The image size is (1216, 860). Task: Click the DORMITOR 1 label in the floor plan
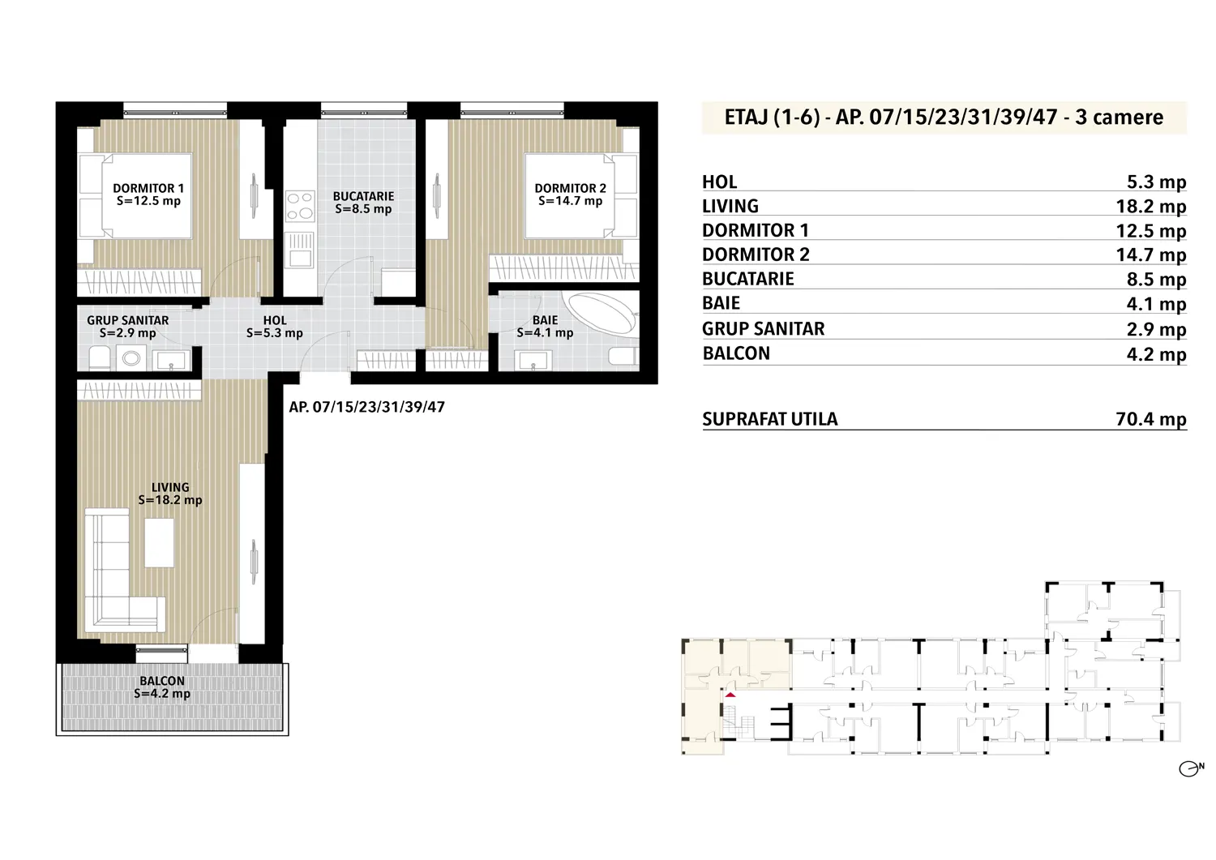tap(148, 188)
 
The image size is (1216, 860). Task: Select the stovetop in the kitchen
tap(300, 205)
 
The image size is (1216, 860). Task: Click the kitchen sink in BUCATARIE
tap(300, 249)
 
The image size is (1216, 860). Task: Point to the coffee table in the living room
tap(159, 542)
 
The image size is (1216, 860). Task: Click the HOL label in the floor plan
tap(275, 320)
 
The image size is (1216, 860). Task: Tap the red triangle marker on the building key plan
tap(730, 695)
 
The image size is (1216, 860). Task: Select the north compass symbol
tap(1191, 768)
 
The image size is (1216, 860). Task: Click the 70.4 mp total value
tap(1151, 419)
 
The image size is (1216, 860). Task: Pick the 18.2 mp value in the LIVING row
tap(1151, 207)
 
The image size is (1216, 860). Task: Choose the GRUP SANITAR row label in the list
tap(764, 328)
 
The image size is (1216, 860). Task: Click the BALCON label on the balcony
tap(162, 681)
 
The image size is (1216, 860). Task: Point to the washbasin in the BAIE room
tap(533, 361)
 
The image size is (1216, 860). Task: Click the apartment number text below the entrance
tap(367, 407)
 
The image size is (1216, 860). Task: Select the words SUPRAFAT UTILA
tap(770, 419)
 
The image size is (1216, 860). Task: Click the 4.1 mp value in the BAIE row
tap(1156, 303)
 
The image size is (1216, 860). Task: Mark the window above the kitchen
tap(364, 110)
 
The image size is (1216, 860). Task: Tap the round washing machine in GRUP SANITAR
tap(131, 358)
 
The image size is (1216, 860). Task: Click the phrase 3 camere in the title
tap(1119, 118)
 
